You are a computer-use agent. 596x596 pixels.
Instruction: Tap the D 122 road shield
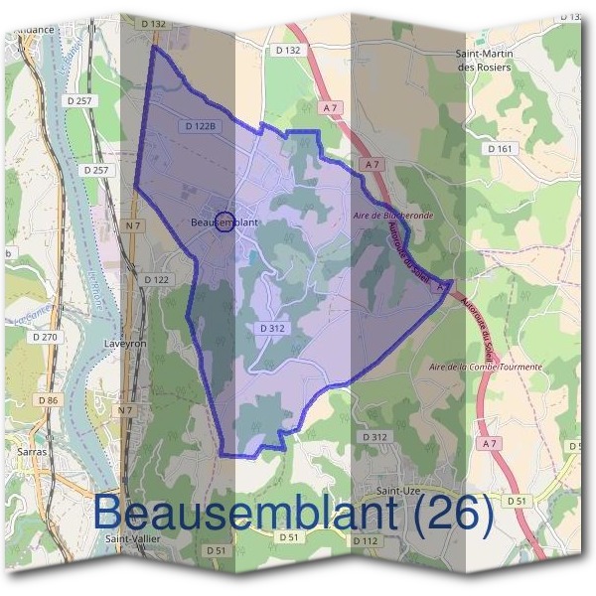click(156, 280)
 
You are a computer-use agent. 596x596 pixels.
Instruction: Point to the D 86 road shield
click(49, 399)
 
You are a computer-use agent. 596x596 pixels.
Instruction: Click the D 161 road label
click(501, 148)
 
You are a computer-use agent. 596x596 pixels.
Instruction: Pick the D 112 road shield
click(366, 539)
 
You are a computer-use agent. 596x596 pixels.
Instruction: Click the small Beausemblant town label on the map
click(223, 223)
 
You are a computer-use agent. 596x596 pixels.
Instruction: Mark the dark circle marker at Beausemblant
click(224, 222)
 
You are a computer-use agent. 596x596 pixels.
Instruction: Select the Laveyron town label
click(124, 345)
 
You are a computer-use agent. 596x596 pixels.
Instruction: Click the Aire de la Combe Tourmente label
click(485, 367)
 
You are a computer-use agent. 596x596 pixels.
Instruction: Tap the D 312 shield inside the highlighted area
click(273, 327)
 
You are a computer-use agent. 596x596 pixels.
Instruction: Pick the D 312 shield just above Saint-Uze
click(374, 437)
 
